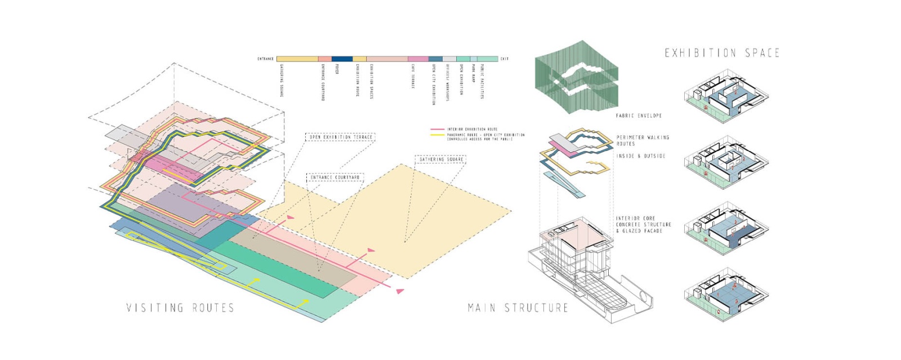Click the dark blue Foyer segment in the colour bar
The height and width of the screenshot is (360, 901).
tap(342, 59)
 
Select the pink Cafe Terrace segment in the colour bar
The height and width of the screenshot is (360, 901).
tap(418, 59)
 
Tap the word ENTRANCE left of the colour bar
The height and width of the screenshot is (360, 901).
tap(266, 59)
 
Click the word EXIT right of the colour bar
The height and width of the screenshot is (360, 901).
tap(505, 59)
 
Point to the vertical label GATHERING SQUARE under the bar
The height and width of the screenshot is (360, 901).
tap(281, 80)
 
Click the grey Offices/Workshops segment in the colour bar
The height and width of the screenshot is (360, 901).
tap(449, 59)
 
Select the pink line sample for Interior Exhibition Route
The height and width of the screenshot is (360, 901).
tap(438, 129)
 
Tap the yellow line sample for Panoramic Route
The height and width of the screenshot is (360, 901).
tap(438, 135)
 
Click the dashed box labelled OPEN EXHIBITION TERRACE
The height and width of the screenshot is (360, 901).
tap(341, 137)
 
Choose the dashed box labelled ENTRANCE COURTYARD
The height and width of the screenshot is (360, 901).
tap(335, 177)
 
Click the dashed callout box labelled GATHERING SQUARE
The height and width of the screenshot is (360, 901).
tap(441, 159)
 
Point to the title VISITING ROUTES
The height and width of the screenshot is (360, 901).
tap(180, 308)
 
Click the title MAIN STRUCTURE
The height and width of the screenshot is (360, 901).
tap(518, 308)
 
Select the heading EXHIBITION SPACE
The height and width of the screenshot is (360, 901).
tap(722, 53)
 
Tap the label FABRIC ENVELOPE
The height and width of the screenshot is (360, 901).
tap(639, 115)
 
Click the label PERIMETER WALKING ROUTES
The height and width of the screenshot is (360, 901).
tap(642, 140)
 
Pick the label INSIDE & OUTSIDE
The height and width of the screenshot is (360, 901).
tap(641, 156)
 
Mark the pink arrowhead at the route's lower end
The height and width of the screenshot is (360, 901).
tap(400, 291)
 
